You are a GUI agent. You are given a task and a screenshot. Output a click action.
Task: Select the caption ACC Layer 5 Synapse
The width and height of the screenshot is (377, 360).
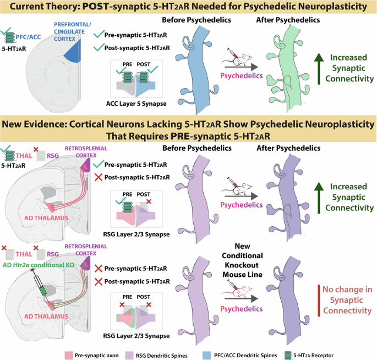point(134,104)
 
